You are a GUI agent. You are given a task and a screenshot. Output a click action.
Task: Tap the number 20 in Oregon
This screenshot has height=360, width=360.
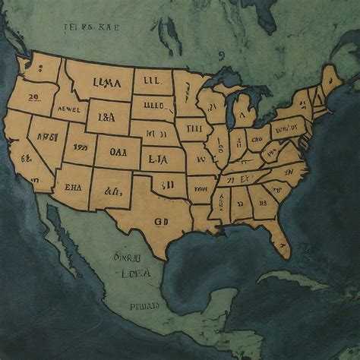point(33,97)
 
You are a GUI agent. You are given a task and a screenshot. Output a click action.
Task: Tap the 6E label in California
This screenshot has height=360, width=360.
point(26,159)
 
